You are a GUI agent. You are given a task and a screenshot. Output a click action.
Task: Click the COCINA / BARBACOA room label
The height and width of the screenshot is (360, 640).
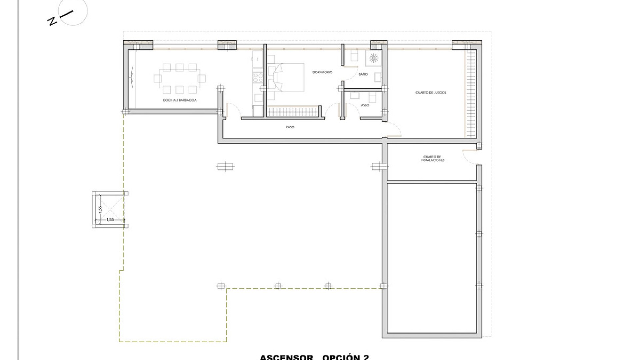click(x=179, y=100)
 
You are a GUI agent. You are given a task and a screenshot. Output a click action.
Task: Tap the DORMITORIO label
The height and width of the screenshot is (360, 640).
click(x=322, y=72)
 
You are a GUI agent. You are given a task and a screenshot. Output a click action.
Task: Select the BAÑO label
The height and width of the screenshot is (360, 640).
click(x=363, y=74)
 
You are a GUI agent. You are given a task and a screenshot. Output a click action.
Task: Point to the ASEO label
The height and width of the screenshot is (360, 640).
click(x=365, y=105)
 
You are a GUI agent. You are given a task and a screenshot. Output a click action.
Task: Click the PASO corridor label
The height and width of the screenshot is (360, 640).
click(x=290, y=127)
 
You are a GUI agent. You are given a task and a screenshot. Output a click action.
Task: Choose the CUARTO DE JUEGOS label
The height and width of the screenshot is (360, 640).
click(x=431, y=93)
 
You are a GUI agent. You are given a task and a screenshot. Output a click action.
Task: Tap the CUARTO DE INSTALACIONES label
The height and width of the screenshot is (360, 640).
click(x=432, y=158)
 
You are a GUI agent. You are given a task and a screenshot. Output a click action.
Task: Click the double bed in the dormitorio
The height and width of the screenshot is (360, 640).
click(x=287, y=77)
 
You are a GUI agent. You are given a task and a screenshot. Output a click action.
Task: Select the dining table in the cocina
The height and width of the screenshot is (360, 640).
click(x=179, y=78)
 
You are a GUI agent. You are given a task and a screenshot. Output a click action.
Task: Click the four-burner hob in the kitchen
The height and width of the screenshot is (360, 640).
click(x=258, y=78)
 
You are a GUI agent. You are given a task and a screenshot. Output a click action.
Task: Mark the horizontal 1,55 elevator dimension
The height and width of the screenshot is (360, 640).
click(x=110, y=220)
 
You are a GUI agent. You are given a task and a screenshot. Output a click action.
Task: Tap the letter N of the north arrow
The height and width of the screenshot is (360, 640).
click(x=52, y=22)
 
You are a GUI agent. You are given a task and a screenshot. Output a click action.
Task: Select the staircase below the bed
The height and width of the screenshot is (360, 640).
click(x=293, y=111)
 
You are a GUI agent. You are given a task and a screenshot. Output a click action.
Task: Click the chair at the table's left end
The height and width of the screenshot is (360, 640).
click(x=157, y=79)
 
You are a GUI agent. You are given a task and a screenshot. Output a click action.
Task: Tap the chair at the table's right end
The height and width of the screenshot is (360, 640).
click(x=202, y=79)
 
